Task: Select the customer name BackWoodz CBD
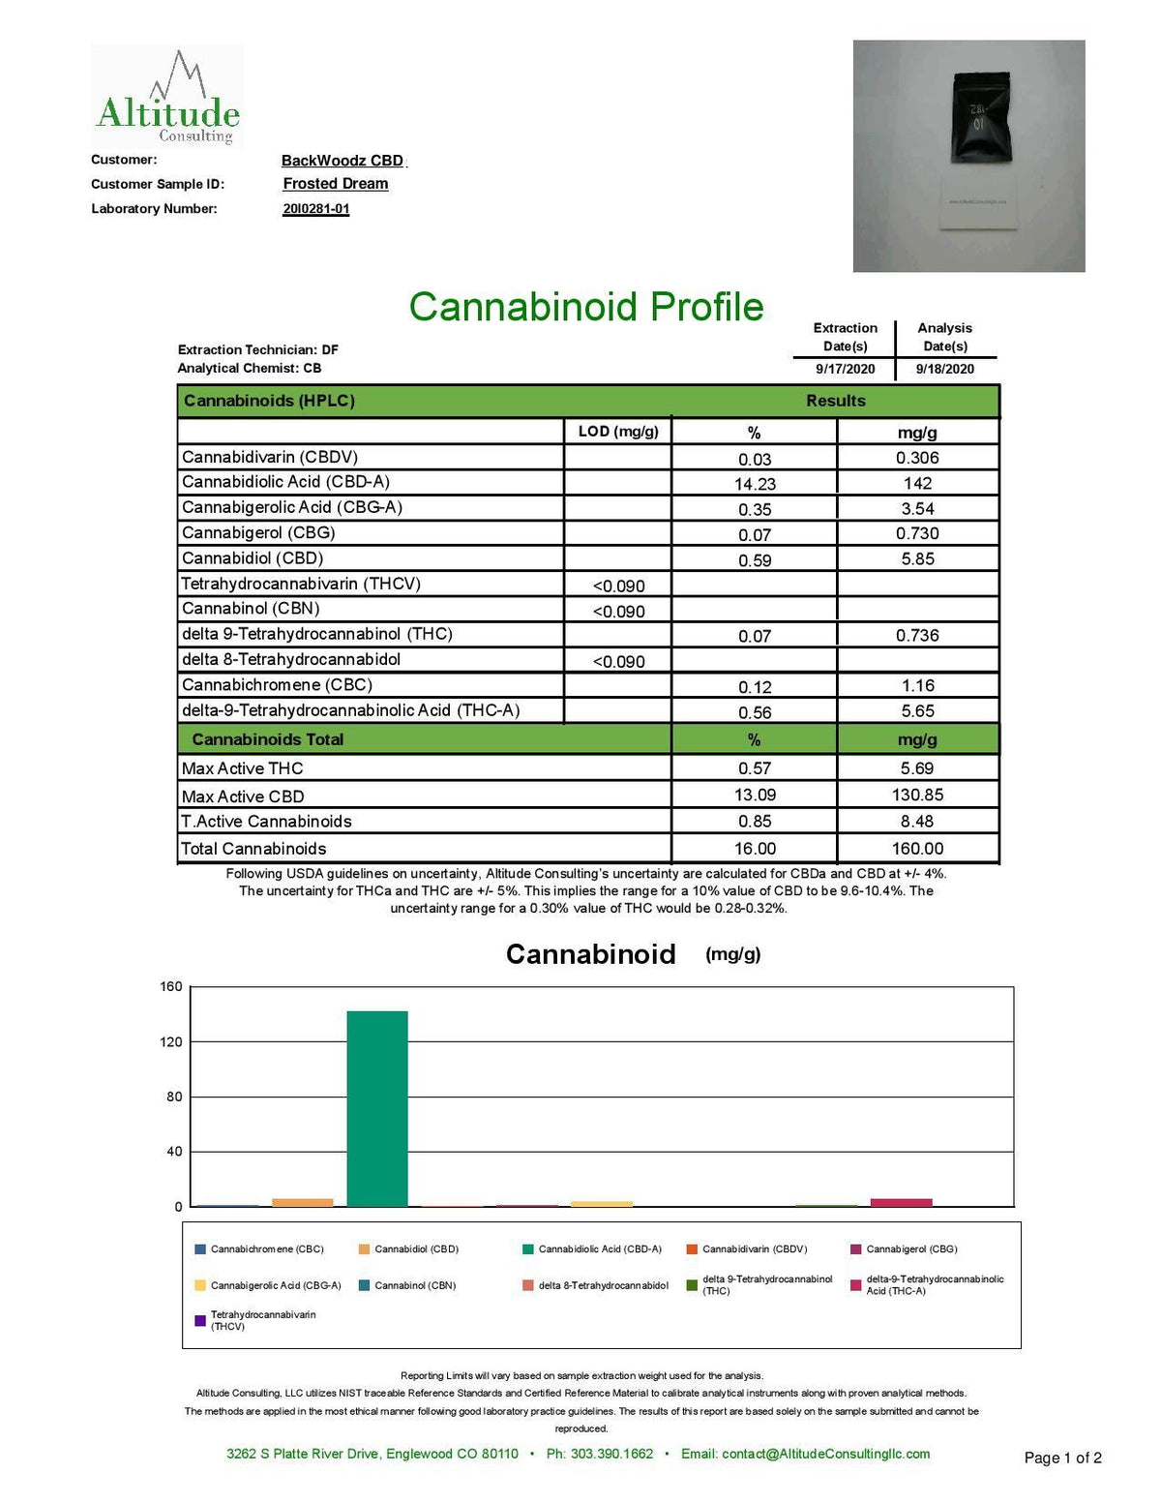(342, 161)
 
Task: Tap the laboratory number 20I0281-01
(316, 209)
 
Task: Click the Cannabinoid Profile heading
(586, 307)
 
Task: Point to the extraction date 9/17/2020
(845, 369)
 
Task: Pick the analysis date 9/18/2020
(945, 369)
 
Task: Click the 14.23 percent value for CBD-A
(755, 484)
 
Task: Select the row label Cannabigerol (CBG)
(258, 533)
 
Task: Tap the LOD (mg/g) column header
(618, 432)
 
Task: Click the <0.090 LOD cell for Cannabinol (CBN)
(618, 612)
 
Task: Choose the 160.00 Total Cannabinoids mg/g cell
(917, 849)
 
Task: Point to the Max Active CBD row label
(243, 797)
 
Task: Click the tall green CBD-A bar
(377, 1108)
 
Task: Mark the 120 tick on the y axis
(171, 1042)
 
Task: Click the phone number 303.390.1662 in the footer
(600, 1454)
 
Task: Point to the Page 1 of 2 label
(1062, 1458)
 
